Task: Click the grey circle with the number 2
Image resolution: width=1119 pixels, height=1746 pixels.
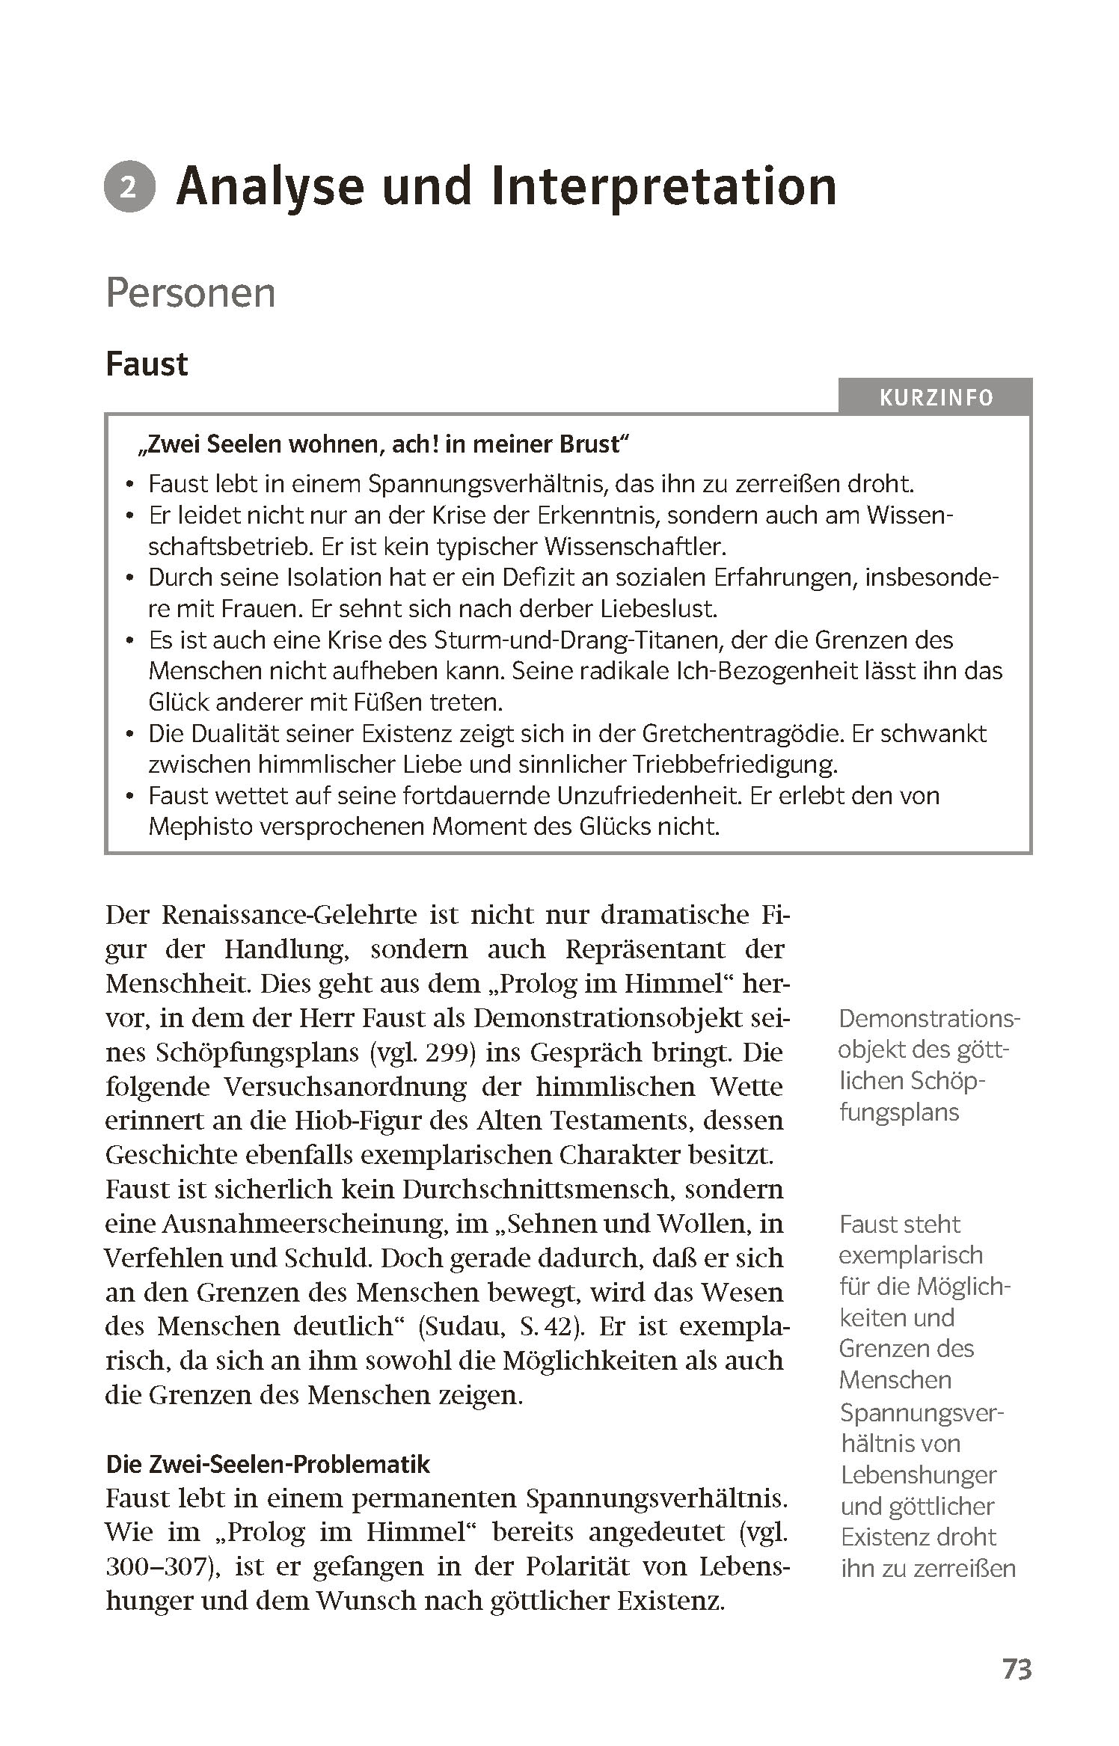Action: click(129, 188)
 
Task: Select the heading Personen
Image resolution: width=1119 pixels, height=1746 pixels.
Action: click(191, 293)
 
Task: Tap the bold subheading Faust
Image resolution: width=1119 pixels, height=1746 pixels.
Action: click(147, 364)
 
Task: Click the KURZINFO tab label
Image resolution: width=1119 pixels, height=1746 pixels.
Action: click(936, 397)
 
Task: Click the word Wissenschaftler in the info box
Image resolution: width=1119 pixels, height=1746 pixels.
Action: click(635, 547)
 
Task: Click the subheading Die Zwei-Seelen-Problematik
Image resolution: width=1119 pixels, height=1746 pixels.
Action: click(268, 1464)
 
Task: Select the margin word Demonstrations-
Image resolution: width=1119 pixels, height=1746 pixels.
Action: click(929, 1018)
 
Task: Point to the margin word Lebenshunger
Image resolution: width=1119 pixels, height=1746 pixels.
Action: click(919, 1475)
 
